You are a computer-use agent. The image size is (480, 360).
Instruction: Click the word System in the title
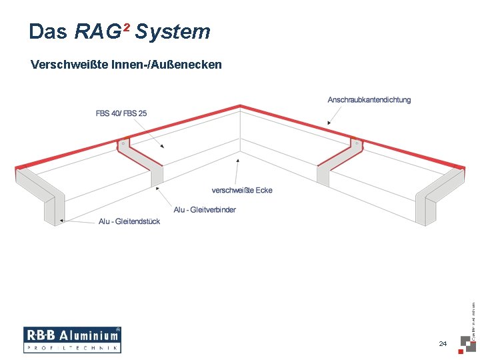[x=172, y=31]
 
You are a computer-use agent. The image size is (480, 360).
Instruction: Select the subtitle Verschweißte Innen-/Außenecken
[x=126, y=65]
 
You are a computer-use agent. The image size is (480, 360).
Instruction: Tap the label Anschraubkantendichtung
[x=369, y=100]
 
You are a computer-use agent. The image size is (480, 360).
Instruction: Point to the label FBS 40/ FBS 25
[x=121, y=113]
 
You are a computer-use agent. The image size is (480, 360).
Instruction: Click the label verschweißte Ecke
[x=242, y=190]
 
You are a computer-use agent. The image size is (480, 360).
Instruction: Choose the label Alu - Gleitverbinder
[x=205, y=209]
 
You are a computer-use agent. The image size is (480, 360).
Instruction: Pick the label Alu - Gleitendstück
[x=129, y=221]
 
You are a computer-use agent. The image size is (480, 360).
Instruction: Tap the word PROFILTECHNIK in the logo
[x=72, y=348]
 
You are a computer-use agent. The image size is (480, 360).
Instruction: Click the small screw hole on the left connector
[x=123, y=143]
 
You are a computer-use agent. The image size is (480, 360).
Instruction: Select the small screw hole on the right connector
[x=357, y=143]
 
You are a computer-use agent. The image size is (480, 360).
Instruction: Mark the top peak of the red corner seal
[x=240, y=106]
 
